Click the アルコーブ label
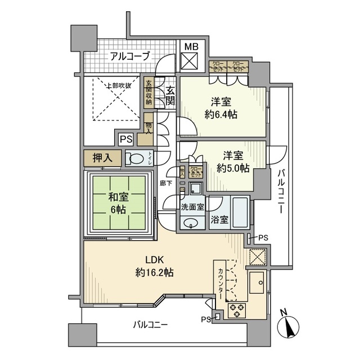pyautogui.click(x=130, y=56)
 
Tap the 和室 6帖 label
pyautogui.click(x=118, y=203)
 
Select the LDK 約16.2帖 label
pyautogui.click(x=154, y=266)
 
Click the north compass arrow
pyautogui.click(x=290, y=326)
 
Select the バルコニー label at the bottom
pyautogui.click(x=151, y=325)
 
